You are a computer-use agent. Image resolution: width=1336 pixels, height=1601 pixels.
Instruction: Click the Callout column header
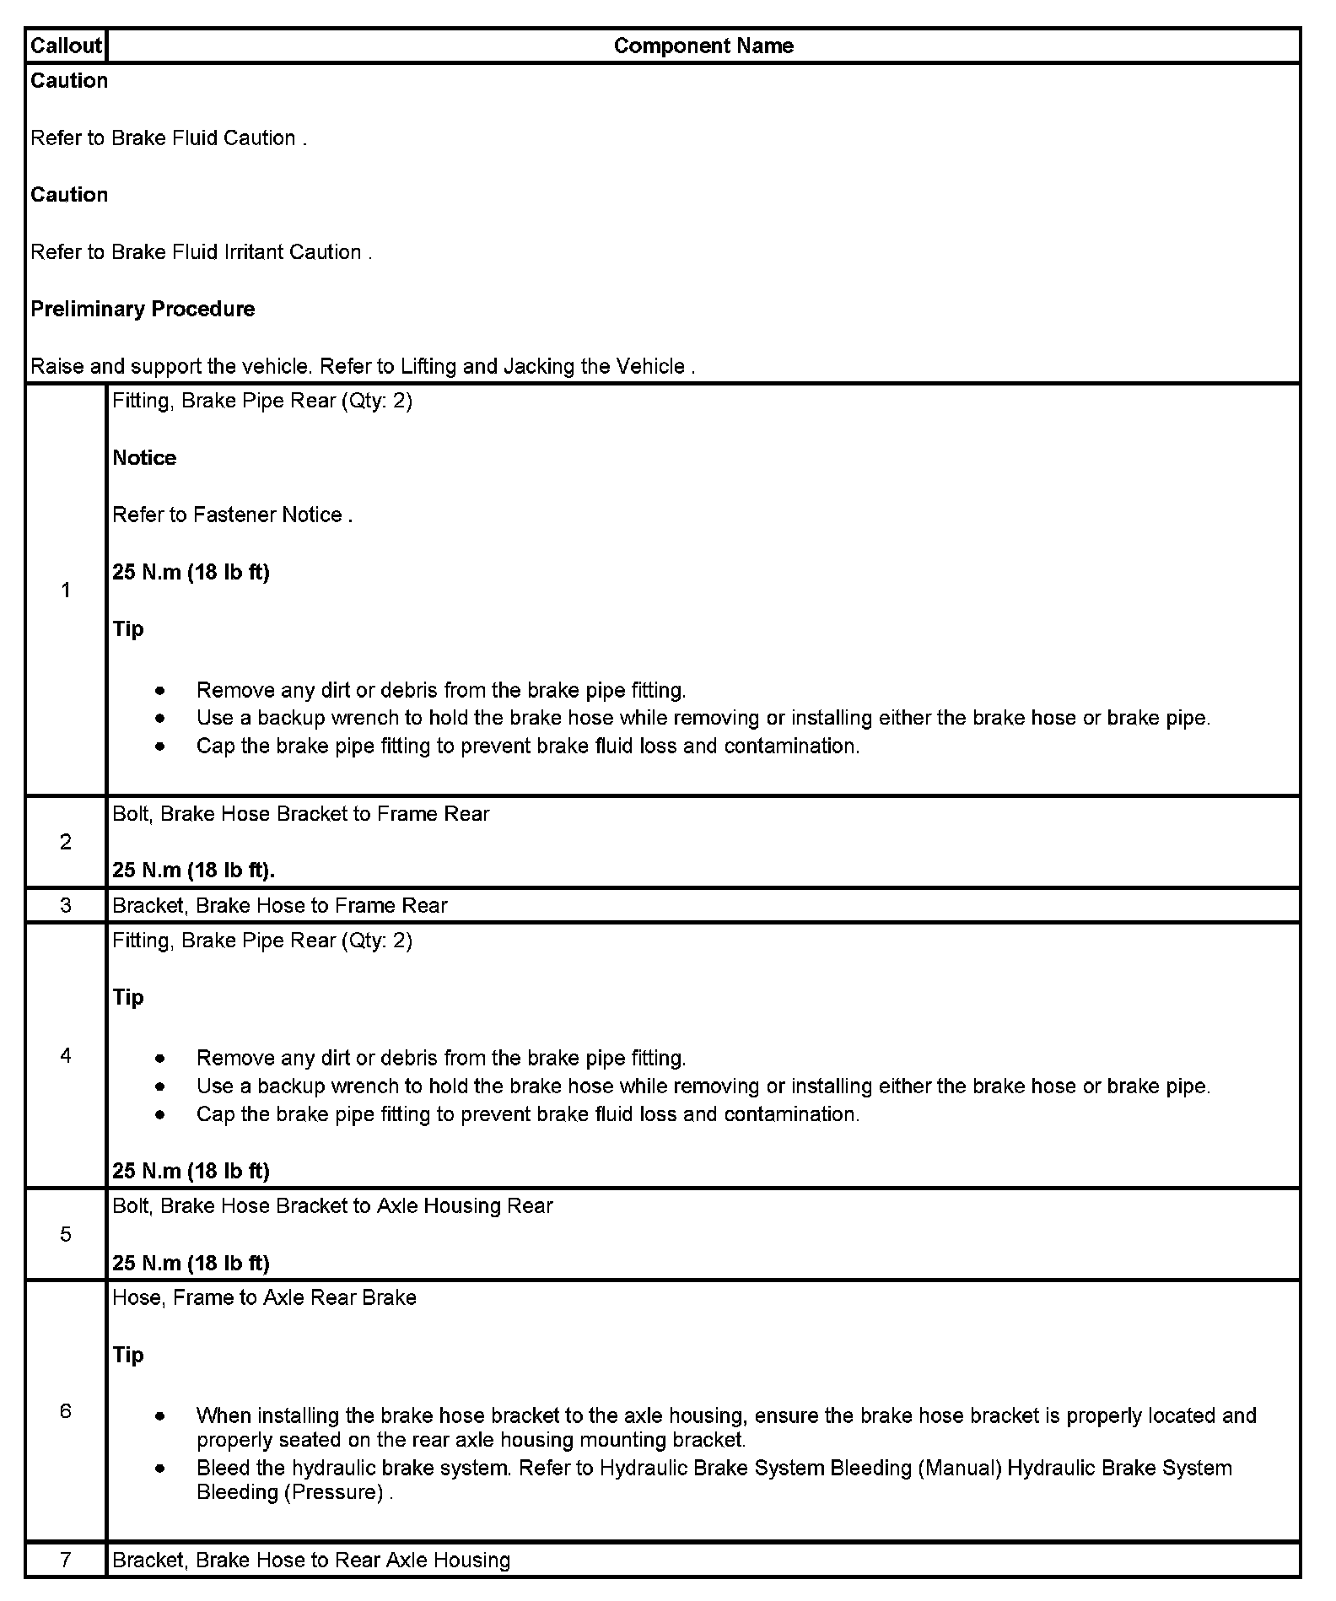pyautogui.click(x=66, y=46)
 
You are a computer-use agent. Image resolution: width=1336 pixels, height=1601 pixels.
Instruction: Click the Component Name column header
pyautogui.click(x=703, y=46)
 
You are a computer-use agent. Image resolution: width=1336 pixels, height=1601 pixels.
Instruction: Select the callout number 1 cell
pyautogui.click(x=66, y=590)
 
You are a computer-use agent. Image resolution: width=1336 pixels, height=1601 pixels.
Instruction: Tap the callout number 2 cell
pyautogui.click(x=66, y=842)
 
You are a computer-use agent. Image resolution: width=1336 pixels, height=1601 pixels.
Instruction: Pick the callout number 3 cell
pyautogui.click(x=66, y=906)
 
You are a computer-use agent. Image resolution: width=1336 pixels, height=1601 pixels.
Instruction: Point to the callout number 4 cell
pyautogui.click(x=66, y=1056)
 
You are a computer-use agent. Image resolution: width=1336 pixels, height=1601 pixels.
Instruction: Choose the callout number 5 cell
pyautogui.click(x=66, y=1235)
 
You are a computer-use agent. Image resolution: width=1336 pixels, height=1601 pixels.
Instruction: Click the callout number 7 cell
pyautogui.click(x=66, y=1560)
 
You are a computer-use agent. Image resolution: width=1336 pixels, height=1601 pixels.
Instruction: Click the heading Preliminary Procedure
pyautogui.click(x=143, y=309)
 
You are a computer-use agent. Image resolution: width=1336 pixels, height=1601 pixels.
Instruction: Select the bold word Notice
pyautogui.click(x=144, y=458)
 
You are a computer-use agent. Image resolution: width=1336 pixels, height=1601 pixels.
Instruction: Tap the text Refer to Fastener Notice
pyautogui.click(x=232, y=515)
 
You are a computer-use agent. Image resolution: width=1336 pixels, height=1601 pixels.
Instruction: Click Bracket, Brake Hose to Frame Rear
pyautogui.click(x=279, y=906)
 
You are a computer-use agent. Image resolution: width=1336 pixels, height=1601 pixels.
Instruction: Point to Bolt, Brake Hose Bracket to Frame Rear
pyautogui.click(x=300, y=814)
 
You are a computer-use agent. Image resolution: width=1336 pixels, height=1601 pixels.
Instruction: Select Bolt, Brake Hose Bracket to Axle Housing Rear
pyautogui.click(x=332, y=1206)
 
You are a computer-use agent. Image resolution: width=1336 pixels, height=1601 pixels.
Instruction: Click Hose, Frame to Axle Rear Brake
pyautogui.click(x=264, y=1297)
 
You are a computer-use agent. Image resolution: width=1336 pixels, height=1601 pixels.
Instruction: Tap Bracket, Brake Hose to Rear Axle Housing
pyautogui.click(x=311, y=1561)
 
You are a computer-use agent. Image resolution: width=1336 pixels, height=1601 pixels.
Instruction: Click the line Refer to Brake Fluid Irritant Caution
pyautogui.click(x=201, y=252)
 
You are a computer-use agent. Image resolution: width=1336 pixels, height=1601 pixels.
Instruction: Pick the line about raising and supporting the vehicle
pyautogui.click(x=363, y=367)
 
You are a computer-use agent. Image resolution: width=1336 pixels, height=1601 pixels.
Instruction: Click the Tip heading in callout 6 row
pyautogui.click(x=128, y=1355)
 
